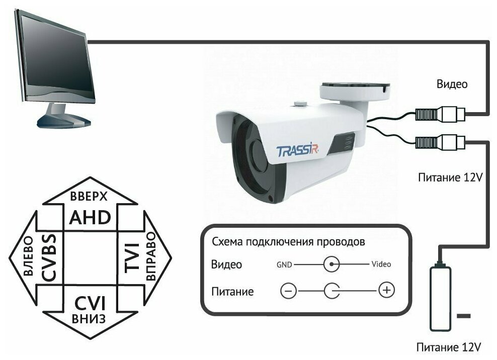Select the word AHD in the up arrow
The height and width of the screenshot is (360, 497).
pos(90,218)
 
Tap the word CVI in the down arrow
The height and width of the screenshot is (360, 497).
pos(90,303)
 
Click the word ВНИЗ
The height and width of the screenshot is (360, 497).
pos(90,319)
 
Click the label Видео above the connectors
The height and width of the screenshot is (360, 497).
pos(452,84)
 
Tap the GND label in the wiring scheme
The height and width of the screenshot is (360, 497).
pos(284,263)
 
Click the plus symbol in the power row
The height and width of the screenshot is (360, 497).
pos(386,290)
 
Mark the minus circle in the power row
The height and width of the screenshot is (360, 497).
pos(289,291)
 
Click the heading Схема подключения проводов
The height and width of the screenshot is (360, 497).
pos(288,241)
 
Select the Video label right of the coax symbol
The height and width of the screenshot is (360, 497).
pos(381,263)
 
